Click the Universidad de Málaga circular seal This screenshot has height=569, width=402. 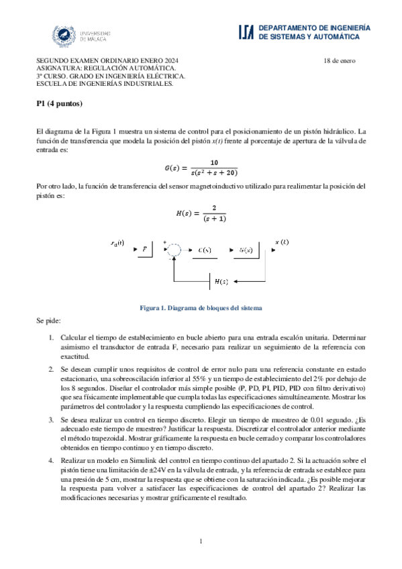click(64, 35)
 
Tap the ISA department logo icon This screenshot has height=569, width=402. click(246, 32)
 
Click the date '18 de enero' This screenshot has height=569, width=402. click(340, 61)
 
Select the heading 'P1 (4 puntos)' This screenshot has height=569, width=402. click(59, 105)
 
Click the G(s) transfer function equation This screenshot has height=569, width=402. click(201, 167)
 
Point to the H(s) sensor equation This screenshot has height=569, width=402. click(201, 213)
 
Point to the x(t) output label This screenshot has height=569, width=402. click(283, 242)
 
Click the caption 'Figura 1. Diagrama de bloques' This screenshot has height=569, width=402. click(201, 307)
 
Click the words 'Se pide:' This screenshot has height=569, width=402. click(49, 321)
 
